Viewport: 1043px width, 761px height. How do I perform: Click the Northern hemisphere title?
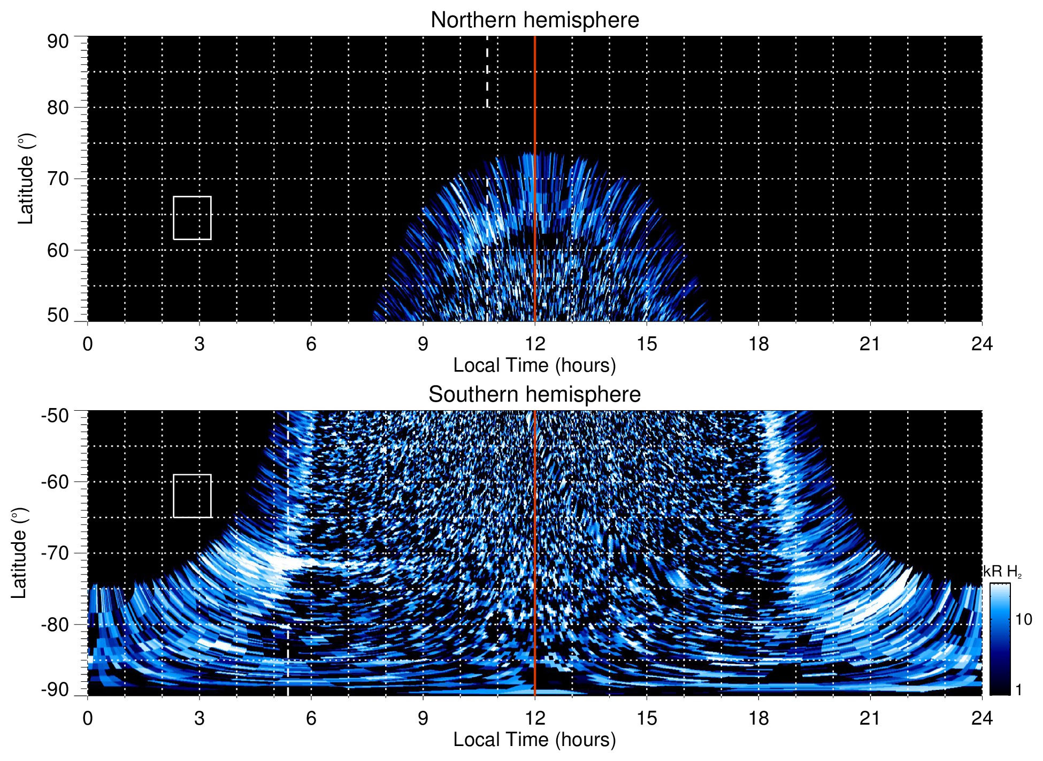click(534, 20)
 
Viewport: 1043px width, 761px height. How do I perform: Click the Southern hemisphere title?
click(534, 395)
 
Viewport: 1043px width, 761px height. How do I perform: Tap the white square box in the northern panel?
click(192, 218)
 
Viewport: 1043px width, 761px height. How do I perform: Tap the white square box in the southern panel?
click(192, 496)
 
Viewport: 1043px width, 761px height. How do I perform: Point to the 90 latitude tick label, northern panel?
click(58, 42)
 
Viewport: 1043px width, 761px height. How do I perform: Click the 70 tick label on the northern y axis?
click(58, 179)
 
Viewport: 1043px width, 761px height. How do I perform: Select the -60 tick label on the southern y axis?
click(55, 481)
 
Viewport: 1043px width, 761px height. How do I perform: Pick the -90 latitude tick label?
click(55, 689)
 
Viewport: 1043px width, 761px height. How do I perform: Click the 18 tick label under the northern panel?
click(758, 344)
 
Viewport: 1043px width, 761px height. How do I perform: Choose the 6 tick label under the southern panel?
click(311, 718)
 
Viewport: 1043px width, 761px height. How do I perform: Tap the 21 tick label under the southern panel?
click(870, 718)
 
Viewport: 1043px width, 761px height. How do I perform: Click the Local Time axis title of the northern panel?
click(534, 365)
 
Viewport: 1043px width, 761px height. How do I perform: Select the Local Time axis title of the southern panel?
click(534, 740)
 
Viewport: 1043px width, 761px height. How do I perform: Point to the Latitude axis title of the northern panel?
click(26, 179)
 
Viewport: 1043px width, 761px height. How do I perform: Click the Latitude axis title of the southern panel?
click(19, 553)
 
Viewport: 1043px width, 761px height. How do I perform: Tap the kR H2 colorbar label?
click(1002, 572)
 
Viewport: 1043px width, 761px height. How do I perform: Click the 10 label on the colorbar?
click(1023, 619)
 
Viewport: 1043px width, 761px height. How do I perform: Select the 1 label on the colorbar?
click(1018, 690)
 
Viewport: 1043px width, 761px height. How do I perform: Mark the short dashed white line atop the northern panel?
click(487, 72)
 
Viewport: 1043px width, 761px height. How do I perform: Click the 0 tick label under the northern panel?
click(88, 344)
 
